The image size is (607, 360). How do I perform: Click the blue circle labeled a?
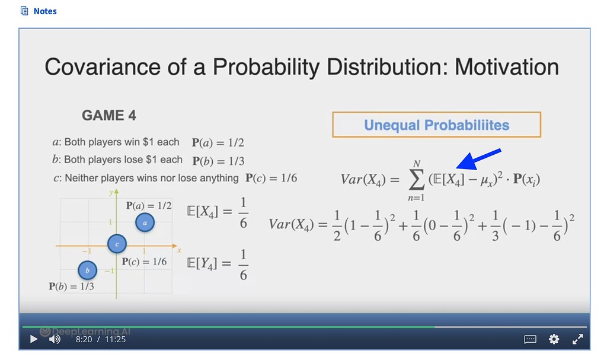(145, 222)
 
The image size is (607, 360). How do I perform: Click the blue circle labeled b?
(88, 270)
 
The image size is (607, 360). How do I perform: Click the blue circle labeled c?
(116, 243)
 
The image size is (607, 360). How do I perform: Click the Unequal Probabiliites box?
(436, 125)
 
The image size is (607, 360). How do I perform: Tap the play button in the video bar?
(34, 339)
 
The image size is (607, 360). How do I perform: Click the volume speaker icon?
(54, 339)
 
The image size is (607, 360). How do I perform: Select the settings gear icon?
(554, 339)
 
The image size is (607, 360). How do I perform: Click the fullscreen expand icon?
(577, 339)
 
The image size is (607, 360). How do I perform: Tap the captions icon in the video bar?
(531, 339)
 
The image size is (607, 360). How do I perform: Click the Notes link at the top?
(45, 11)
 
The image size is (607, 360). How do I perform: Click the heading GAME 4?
(109, 116)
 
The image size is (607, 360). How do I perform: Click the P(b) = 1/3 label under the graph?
(71, 286)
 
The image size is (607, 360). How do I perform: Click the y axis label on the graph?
(111, 193)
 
